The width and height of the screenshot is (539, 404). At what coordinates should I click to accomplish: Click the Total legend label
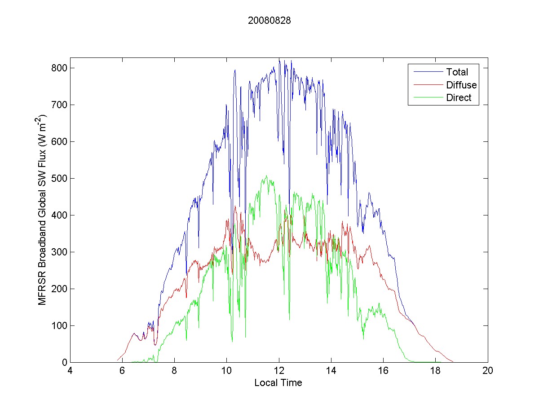(457, 72)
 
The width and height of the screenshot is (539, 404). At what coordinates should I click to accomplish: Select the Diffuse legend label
(461, 85)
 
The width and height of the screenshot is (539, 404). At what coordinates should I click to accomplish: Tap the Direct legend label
(459, 98)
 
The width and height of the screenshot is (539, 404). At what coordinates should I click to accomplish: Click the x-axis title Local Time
(278, 383)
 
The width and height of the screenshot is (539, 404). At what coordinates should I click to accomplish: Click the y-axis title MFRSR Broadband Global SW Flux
(43, 210)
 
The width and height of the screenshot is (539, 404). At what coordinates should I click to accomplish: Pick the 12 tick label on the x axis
(279, 371)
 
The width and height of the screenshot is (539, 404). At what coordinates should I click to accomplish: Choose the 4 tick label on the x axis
(70, 371)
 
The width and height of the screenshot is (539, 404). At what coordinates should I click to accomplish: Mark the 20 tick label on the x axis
(488, 371)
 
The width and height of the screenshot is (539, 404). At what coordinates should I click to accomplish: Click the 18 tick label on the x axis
(435, 371)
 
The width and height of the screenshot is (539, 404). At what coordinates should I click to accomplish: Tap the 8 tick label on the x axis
(174, 371)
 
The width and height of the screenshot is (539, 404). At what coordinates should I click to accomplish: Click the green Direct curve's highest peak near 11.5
(266, 176)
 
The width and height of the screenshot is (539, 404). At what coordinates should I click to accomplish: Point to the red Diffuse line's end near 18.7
(453, 361)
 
